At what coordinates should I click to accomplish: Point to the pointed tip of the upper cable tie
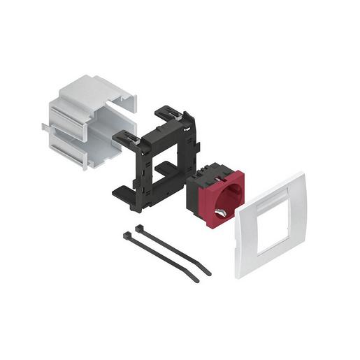point(209,273)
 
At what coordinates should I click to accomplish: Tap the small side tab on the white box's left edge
point(45,128)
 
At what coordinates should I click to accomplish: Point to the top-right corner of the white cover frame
point(302,175)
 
